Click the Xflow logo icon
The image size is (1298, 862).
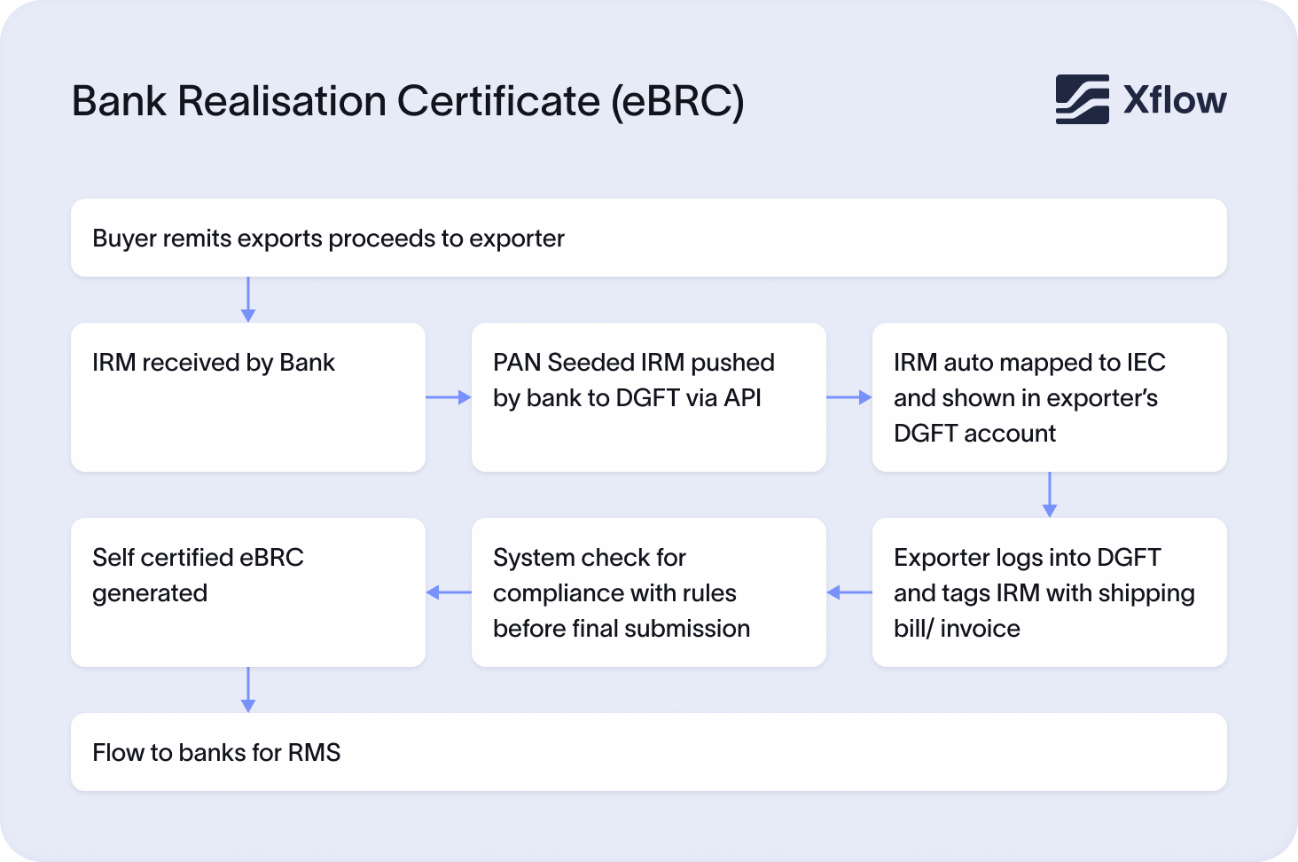pyautogui.click(x=1082, y=99)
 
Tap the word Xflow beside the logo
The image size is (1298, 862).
pyautogui.click(x=1175, y=100)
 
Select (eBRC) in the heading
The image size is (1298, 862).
pyautogui.click(x=677, y=101)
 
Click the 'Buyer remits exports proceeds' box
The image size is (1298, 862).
pyautogui.click(x=648, y=238)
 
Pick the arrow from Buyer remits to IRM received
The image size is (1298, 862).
pyautogui.click(x=248, y=299)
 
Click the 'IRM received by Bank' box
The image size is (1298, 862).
pyautogui.click(x=248, y=396)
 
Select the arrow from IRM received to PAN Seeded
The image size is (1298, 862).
pyautogui.click(x=449, y=397)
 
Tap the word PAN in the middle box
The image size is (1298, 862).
pyautogui.click(x=517, y=363)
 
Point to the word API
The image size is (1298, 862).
pyautogui.click(x=742, y=398)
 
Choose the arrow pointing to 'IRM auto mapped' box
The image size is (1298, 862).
pyautogui.click(x=849, y=397)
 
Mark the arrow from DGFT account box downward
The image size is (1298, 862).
pyautogui.click(x=1050, y=494)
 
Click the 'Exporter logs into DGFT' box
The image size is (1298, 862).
pyautogui.click(x=1050, y=592)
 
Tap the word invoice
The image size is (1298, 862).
pyautogui.click(x=980, y=629)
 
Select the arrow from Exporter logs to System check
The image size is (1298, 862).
pyautogui.click(x=849, y=592)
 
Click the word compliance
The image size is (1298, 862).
pyautogui.click(x=555, y=593)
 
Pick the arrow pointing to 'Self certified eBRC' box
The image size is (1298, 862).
pyautogui.click(x=449, y=592)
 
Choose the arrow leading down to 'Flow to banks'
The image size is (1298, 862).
pyautogui.click(x=248, y=689)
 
